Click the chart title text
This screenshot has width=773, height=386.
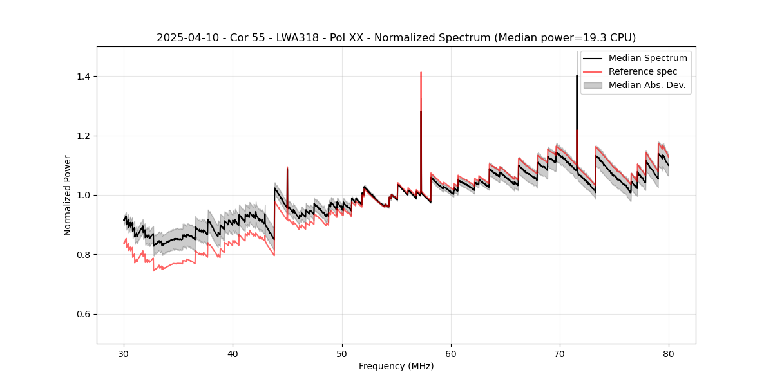tap(396, 37)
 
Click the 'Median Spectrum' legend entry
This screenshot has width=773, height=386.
tap(647, 58)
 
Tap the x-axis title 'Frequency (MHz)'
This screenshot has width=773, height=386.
tap(396, 366)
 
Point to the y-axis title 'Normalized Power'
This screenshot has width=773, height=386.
tap(68, 195)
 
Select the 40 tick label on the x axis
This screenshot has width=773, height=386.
tap(233, 354)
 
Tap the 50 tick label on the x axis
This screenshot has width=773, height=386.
tap(342, 354)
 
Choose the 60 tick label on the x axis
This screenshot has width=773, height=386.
tap(451, 354)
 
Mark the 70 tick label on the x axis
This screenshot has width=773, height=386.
tap(560, 354)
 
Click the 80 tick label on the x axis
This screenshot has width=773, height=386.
tap(669, 354)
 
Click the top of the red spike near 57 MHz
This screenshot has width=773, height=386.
tap(421, 73)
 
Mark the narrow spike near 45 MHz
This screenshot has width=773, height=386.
tap(287, 169)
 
